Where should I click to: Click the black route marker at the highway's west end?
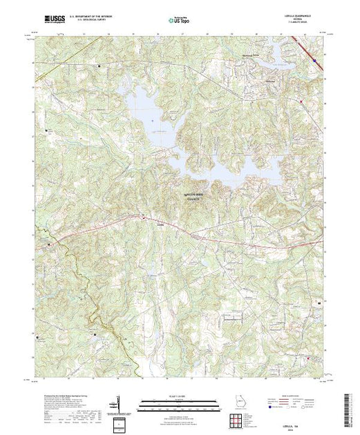(x=48, y=244)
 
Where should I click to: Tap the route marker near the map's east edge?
(x=319, y=302)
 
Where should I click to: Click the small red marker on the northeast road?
(x=302, y=104)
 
